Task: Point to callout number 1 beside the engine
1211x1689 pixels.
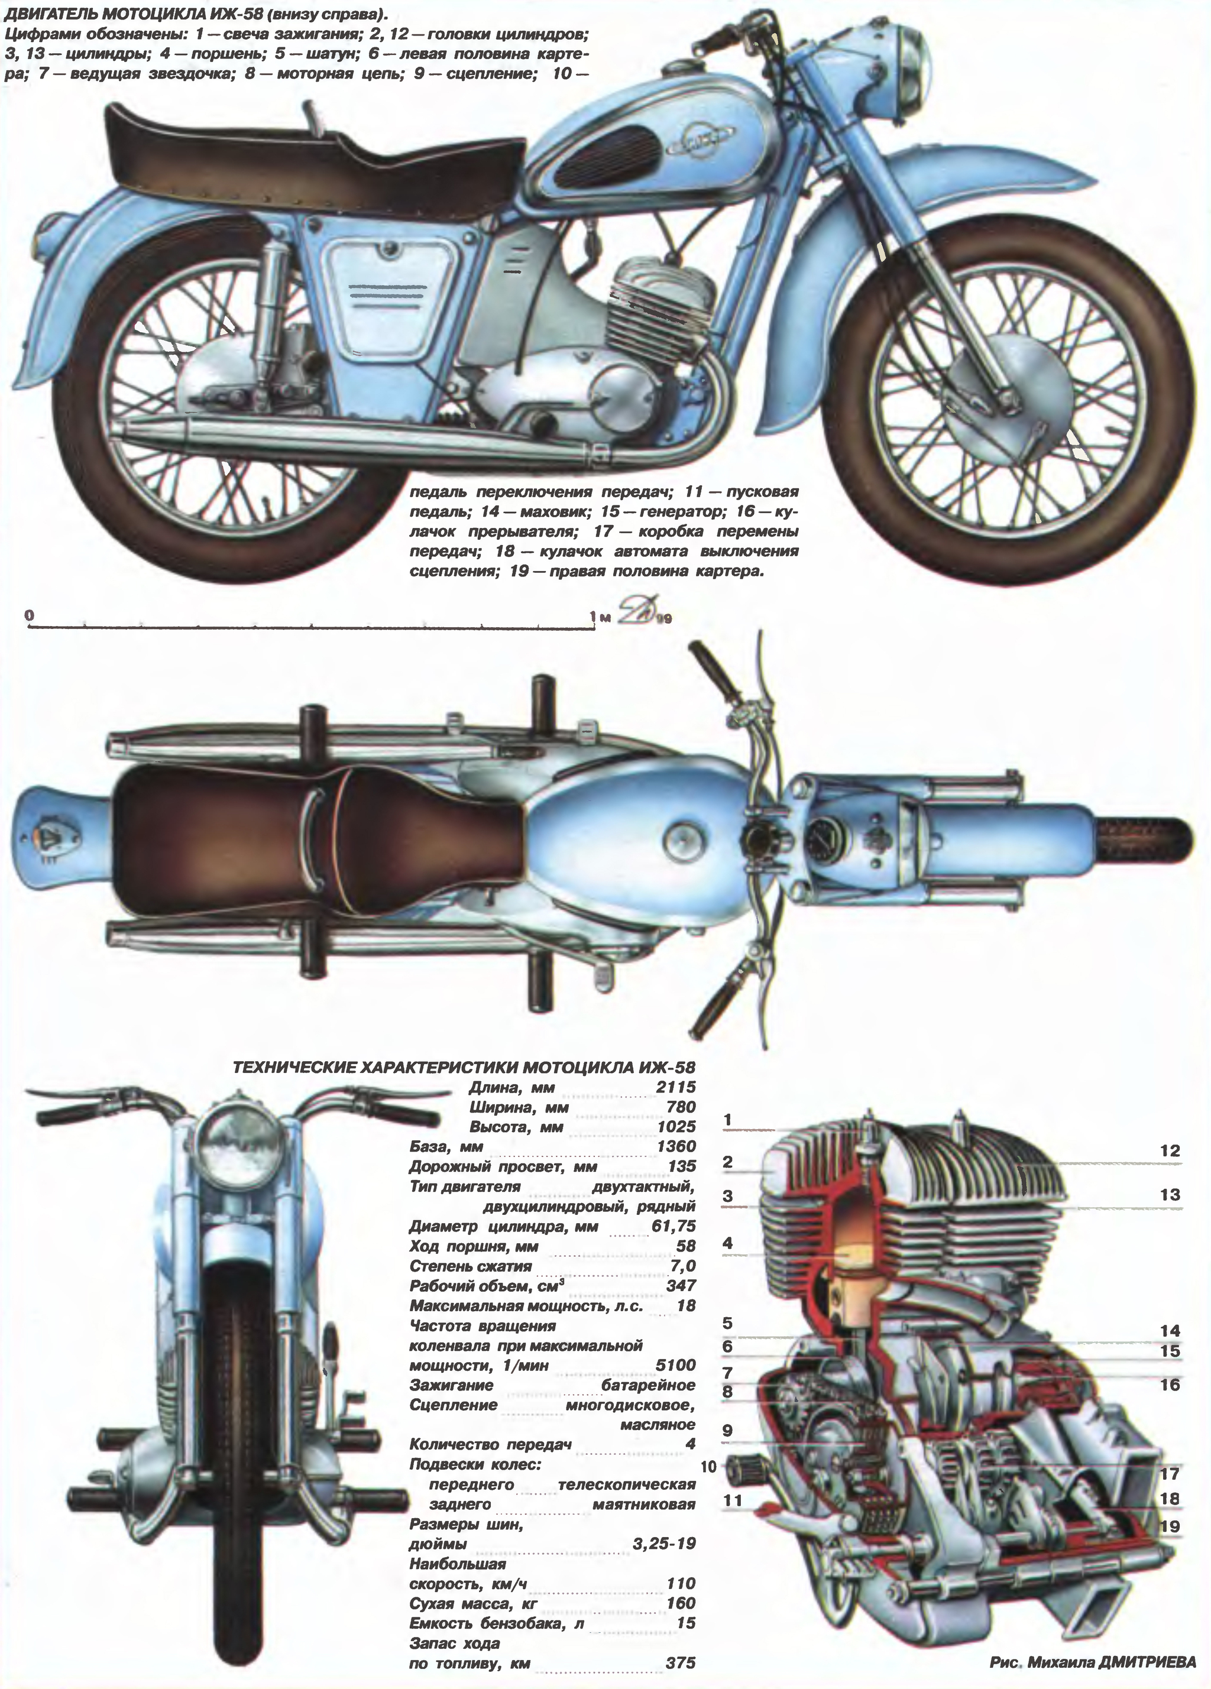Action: click(x=728, y=1119)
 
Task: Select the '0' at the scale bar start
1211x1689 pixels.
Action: click(x=29, y=615)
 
